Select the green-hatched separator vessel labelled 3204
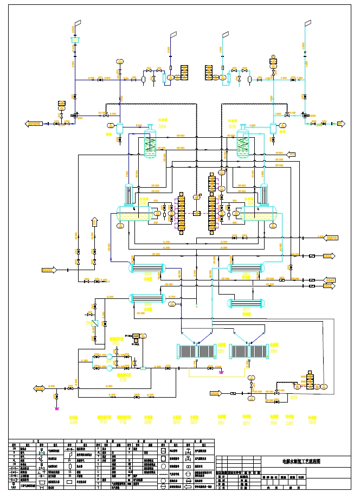150,144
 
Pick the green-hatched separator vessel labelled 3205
242,144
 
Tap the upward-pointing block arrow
95,221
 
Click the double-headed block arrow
40,388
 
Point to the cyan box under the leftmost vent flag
75,40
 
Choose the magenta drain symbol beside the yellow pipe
221,372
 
